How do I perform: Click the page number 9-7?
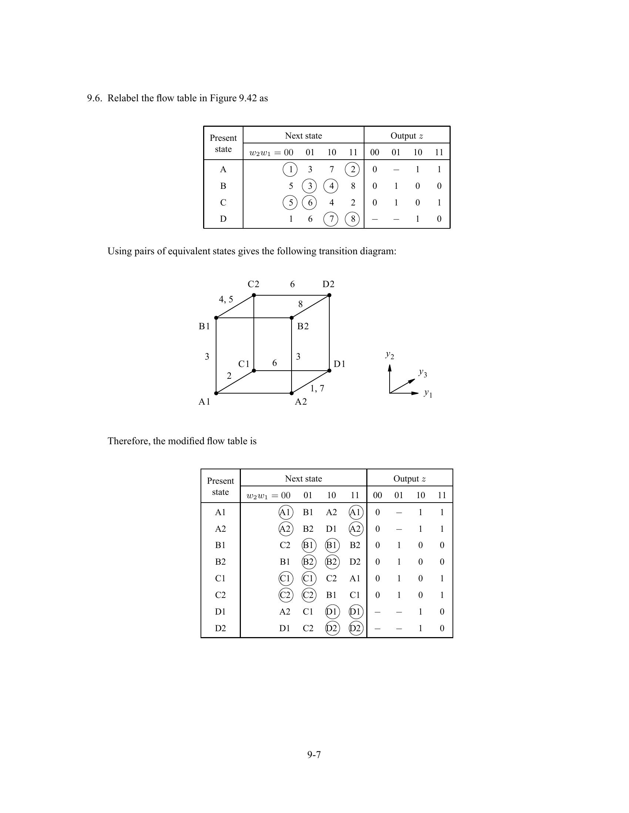[x=314, y=755]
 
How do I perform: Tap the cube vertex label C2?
[x=253, y=285]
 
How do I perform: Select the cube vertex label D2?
[x=328, y=285]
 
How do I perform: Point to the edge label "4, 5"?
[x=226, y=299]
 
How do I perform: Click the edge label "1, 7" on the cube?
[x=317, y=388]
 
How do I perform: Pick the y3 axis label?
[x=423, y=372]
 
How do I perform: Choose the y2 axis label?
[x=390, y=355]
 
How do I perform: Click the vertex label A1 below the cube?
[x=204, y=402]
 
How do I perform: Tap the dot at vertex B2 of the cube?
[x=292, y=318]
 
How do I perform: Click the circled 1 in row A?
[x=290, y=169]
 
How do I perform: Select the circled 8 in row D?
[x=353, y=219]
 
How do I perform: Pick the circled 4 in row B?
[x=331, y=186]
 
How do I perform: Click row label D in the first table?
[x=223, y=219]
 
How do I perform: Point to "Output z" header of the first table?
[x=407, y=136]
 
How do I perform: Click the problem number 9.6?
[x=94, y=98]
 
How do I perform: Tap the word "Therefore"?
[x=128, y=441]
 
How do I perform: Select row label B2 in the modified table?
[x=220, y=562]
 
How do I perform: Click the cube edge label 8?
[x=300, y=305]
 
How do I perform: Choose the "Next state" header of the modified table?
[x=303, y=479]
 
